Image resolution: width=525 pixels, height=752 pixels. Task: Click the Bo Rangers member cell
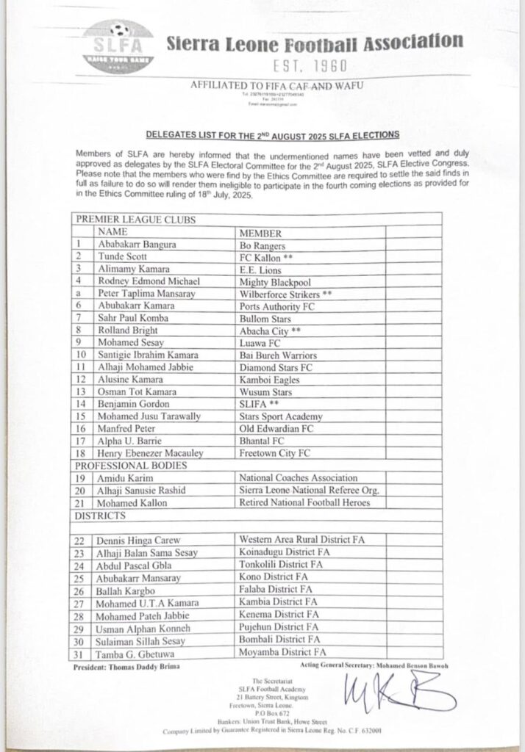[x=264, y=243]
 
